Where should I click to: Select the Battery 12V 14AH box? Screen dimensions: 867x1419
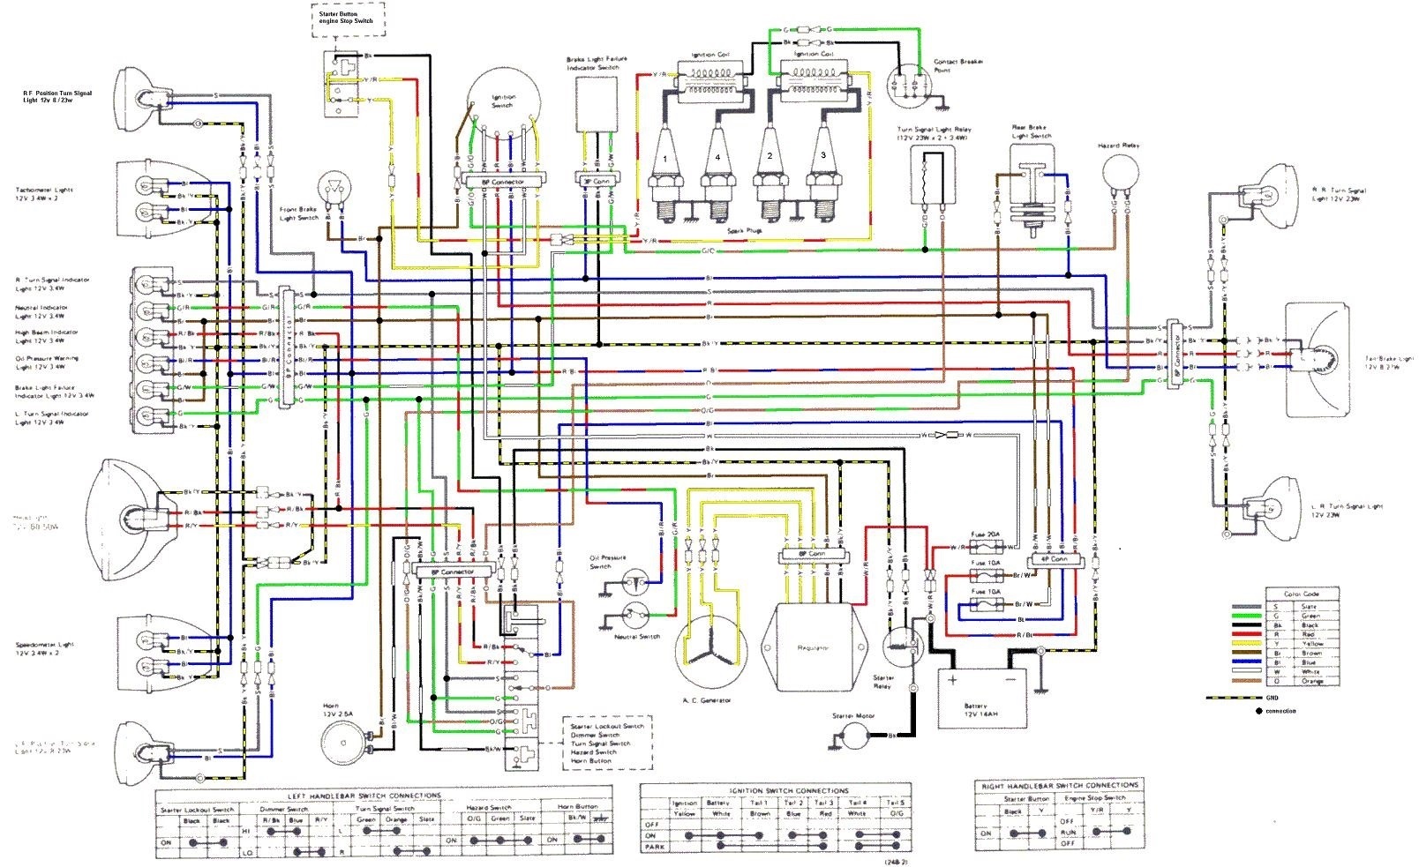coord(980,697)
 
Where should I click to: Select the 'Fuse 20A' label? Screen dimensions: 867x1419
coord(986,534)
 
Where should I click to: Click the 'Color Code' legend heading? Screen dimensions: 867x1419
coord(1300,594)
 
